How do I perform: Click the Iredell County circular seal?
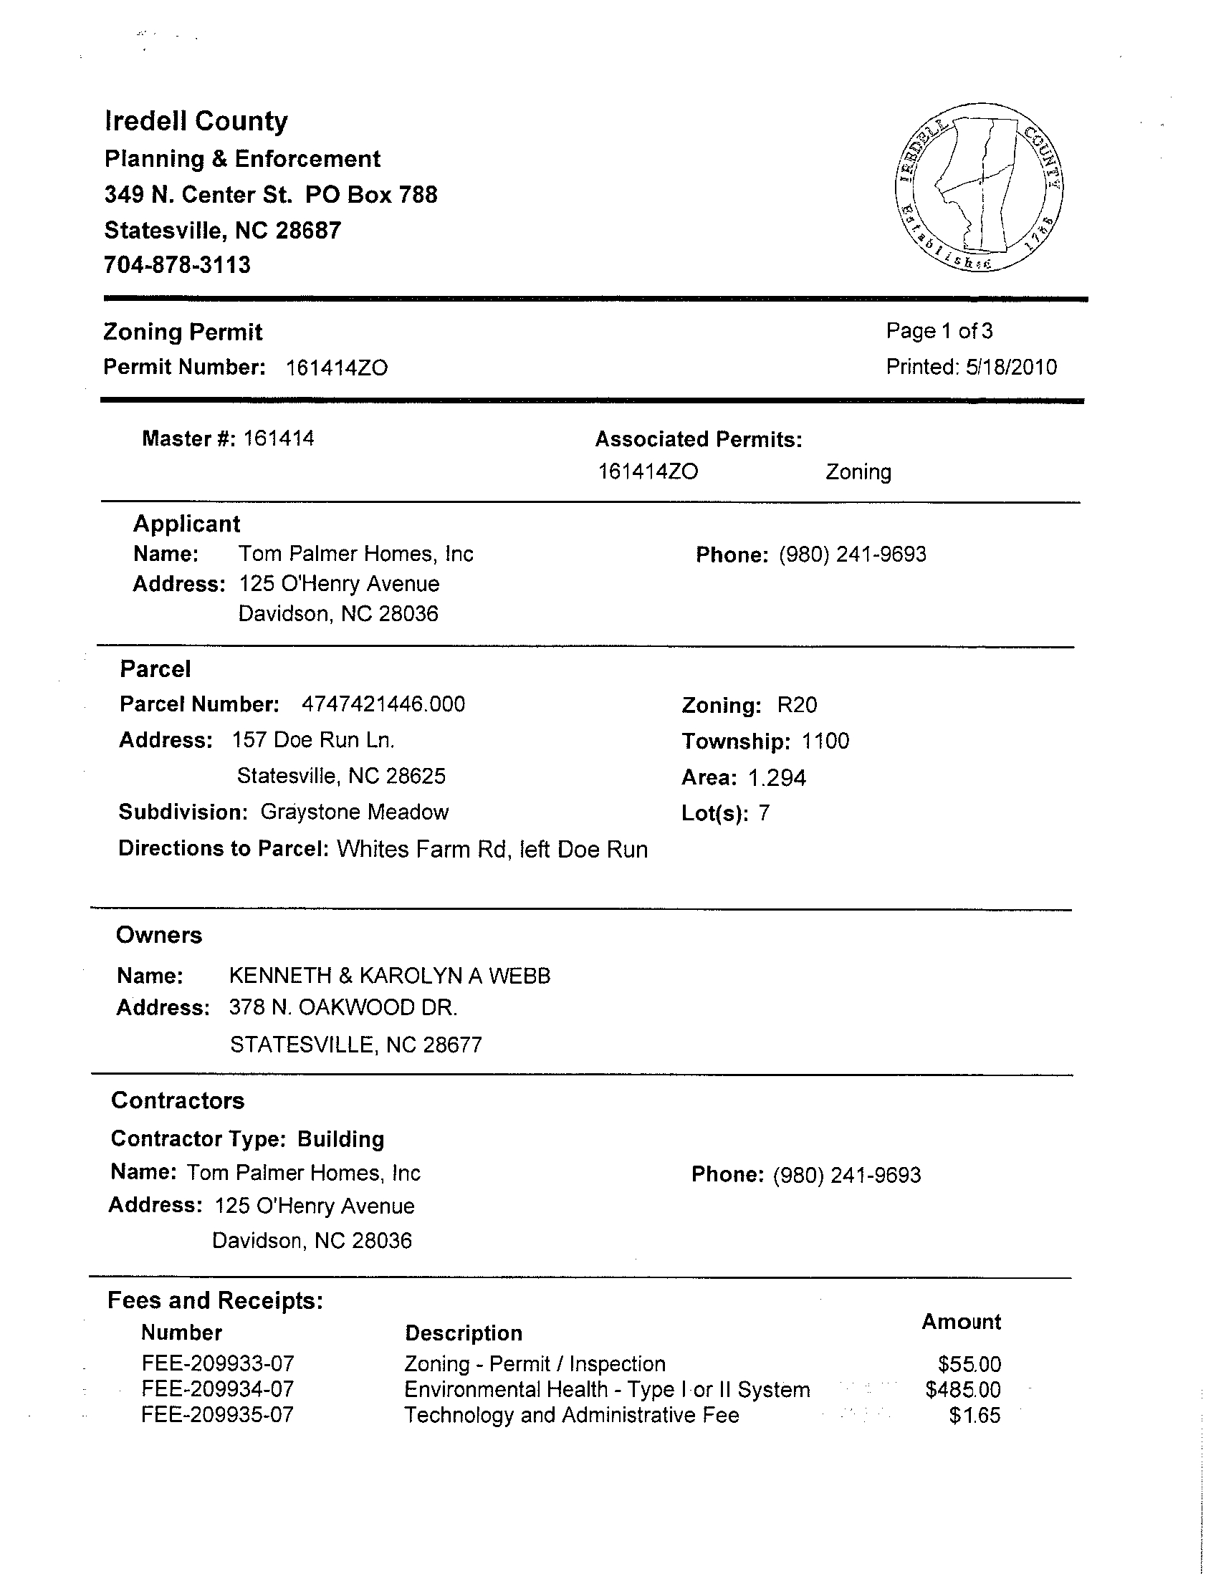pos(979,188)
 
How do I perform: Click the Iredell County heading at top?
pos(196,121)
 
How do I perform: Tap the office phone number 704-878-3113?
pos(177,265)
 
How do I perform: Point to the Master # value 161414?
pos(278,438)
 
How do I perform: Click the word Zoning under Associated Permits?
pos(858,472)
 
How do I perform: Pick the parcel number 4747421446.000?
pos(383,704)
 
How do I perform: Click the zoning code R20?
pos(797,705)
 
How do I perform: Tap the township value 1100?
pos(825,741)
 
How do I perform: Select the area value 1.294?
pos(776,777)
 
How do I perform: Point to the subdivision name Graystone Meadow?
pos(354,812)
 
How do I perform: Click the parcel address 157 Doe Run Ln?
pos(313,740)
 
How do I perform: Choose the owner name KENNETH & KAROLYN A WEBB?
pos(389,976)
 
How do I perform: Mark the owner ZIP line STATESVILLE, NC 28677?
pos(355,1045)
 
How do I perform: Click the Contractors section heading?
pos(177,1100)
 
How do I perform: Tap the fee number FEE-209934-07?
pos(218,1388)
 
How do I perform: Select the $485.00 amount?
pos(963,1389)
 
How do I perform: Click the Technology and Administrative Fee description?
pos(571,1415)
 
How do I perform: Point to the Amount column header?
pos(961,1322)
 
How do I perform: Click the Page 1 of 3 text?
pos(939,331)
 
